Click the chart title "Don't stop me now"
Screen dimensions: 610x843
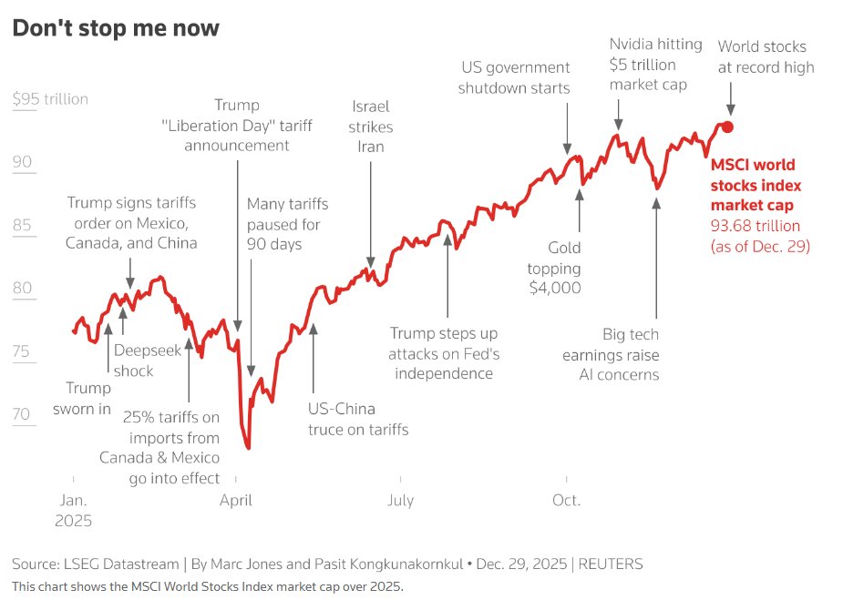coord(115,28)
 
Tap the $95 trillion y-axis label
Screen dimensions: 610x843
coord(50,99)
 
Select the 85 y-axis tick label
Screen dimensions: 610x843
coord(22,226)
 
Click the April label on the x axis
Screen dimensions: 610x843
coord(236,500)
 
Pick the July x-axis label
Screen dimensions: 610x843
coord(400,500)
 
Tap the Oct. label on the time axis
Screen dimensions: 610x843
coord(566,500)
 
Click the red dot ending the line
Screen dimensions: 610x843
coord(727,127)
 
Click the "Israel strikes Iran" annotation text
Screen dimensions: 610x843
coord(369,127)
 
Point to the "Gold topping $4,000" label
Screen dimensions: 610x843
coord(554,268)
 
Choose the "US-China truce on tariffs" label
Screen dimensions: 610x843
coord(358,419)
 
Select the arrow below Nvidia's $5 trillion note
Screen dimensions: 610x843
coord(618,114)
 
